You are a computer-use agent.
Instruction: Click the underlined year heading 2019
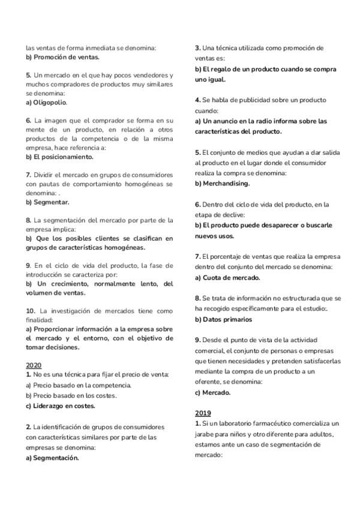coord(203,413)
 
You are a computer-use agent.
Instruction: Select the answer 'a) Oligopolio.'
coord(46,102)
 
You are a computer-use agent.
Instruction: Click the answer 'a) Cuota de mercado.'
coord(227,277)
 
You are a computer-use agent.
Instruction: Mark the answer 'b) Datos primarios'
coord(223,319)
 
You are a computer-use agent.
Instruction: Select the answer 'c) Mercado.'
coord(214,393)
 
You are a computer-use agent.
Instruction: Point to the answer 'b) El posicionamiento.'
coord(59,157)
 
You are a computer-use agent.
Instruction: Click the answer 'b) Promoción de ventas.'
coord(62,58)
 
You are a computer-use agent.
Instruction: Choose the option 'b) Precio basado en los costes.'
coord(71,395)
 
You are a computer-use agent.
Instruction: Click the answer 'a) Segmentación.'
coord(53,457)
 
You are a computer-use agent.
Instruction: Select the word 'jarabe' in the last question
coord(205,434)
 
